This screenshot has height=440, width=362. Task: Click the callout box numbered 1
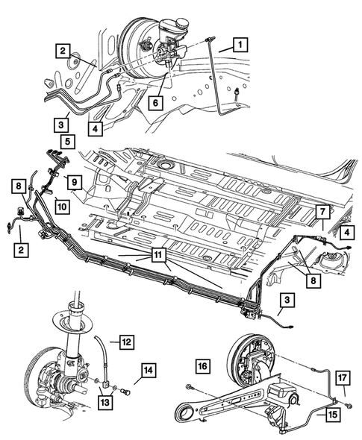pos(240,45)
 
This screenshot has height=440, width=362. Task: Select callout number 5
pos(67,142)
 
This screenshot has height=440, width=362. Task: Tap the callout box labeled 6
pos(155,103)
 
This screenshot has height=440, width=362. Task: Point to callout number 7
pos(322,212)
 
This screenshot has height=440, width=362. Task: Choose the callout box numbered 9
pos(74,182)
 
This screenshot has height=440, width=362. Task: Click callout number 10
pos(62,207)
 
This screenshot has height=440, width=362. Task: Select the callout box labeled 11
pos(158,255)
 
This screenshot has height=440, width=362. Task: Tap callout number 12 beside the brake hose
pos(126,342)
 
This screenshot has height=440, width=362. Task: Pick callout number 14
pos(149,371)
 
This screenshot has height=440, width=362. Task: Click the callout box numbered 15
pos(333,414)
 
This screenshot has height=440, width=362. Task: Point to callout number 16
pos(202,366)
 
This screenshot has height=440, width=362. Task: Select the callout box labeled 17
pos(343,377)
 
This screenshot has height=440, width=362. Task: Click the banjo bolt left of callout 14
pos(125,391)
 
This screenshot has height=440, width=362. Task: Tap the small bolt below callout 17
pos(349,405)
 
